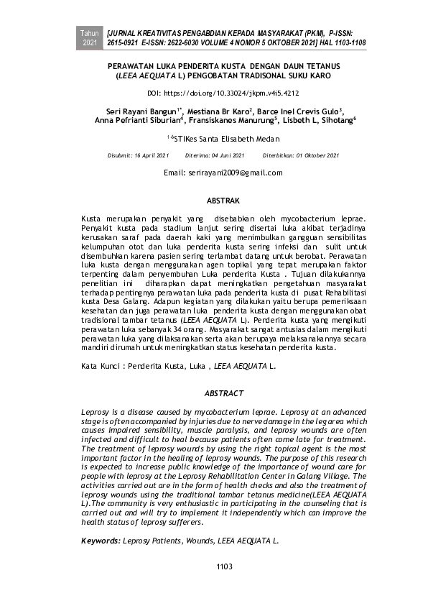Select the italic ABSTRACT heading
point(224,393)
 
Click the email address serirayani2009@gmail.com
point(223,173)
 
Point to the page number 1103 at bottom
point(225,567)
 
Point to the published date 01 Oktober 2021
point(310,155)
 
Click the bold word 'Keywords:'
point(101,539)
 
